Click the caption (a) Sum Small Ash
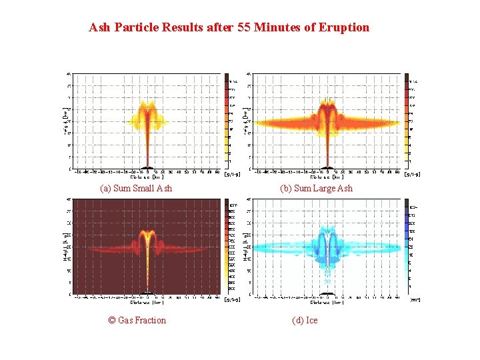136,188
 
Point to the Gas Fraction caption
137,320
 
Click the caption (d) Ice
305,320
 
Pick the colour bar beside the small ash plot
227,120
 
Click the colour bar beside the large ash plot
407,120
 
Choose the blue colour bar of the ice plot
407,247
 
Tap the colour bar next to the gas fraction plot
227,247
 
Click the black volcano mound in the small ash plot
149,167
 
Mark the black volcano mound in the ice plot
327,293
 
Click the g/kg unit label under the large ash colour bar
413,175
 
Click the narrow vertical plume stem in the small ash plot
148,143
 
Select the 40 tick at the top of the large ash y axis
249,74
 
